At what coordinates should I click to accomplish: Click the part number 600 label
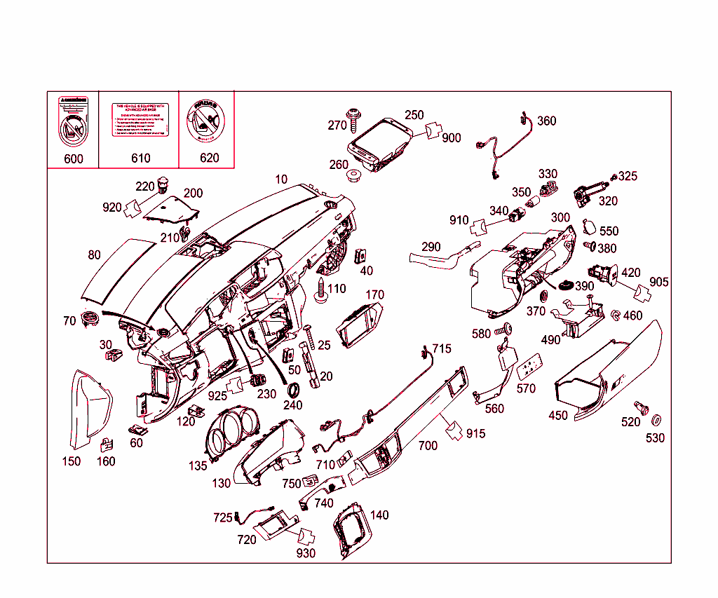(x=73, y=158)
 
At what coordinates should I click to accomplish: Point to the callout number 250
(x=414, y=115)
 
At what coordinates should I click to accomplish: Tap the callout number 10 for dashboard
(x=280, y=179)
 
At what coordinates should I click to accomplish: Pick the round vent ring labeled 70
(x=90, y=318)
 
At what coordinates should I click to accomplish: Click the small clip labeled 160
(x=107, y=444)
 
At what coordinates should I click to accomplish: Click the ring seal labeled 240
(x=294, y=390)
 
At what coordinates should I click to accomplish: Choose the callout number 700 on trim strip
(x=427, y=446)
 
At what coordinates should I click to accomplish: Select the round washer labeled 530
(x=657, y=421)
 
